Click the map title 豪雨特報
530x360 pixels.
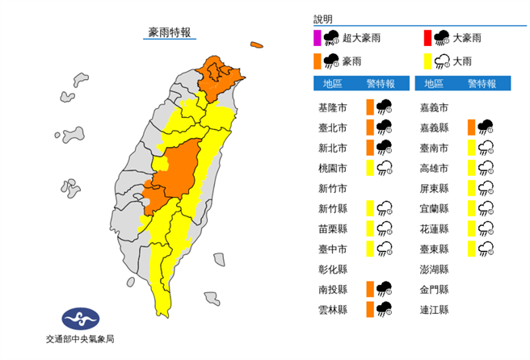169,32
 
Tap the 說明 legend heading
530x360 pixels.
323,19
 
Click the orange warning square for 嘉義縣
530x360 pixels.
470,127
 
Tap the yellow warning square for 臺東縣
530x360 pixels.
470,248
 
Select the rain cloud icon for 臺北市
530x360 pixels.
384,127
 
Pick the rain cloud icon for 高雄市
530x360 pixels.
486,168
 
